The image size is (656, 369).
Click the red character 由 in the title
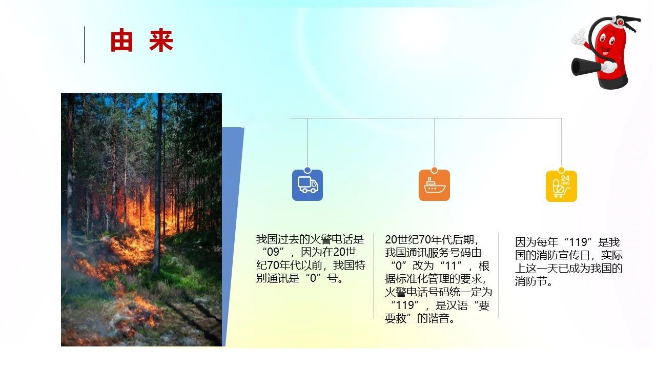[x=121, y=40]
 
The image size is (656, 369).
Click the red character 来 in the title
[x=161, y=40]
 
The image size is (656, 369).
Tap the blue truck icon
[x=307, y=185]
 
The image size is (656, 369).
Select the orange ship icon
[x=434, y=185]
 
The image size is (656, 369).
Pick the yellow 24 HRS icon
[x=561, y=186]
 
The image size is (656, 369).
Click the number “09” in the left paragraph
[x=273, y=252]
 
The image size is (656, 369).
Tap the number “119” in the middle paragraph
[x=404, y=305]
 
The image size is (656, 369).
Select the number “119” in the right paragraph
[x=579, y=242]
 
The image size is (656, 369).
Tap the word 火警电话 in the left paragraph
[x=332, y=239]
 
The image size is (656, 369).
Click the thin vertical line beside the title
[x=85, y=45]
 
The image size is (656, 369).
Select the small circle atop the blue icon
[x=307, y=170]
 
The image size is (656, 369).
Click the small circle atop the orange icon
[x=434, y=170]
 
